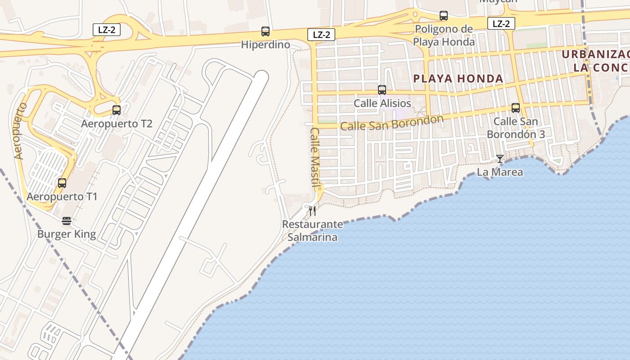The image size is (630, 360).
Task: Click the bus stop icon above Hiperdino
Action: click(265, 31)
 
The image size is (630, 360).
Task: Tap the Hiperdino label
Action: click(265, 45)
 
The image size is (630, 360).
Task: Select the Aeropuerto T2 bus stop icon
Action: click(117, 110)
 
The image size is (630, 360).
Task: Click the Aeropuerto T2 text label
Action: click(117, 123)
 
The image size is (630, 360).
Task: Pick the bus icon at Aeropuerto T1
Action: click(62, 183)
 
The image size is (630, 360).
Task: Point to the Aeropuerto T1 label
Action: click(62, 197)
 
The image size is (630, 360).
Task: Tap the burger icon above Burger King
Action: click(67, 220)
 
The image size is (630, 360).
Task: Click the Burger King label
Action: click(67, 234)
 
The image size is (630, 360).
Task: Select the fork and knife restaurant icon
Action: click(312, 211)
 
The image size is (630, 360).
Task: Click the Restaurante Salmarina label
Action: click(312, 230)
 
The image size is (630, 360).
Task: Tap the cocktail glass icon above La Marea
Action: click(499, 158)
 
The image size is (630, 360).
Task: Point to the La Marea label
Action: click(499, 172)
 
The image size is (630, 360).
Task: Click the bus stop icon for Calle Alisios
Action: click(382, 90)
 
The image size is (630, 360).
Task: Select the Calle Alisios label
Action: click(382, 103)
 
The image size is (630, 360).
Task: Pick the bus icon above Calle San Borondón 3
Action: click(516, 108)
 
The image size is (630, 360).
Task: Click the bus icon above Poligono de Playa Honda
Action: click(444, 16)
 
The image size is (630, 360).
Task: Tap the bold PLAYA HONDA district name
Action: click(458, 79)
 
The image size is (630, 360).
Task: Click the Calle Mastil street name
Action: click(315, 157)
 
